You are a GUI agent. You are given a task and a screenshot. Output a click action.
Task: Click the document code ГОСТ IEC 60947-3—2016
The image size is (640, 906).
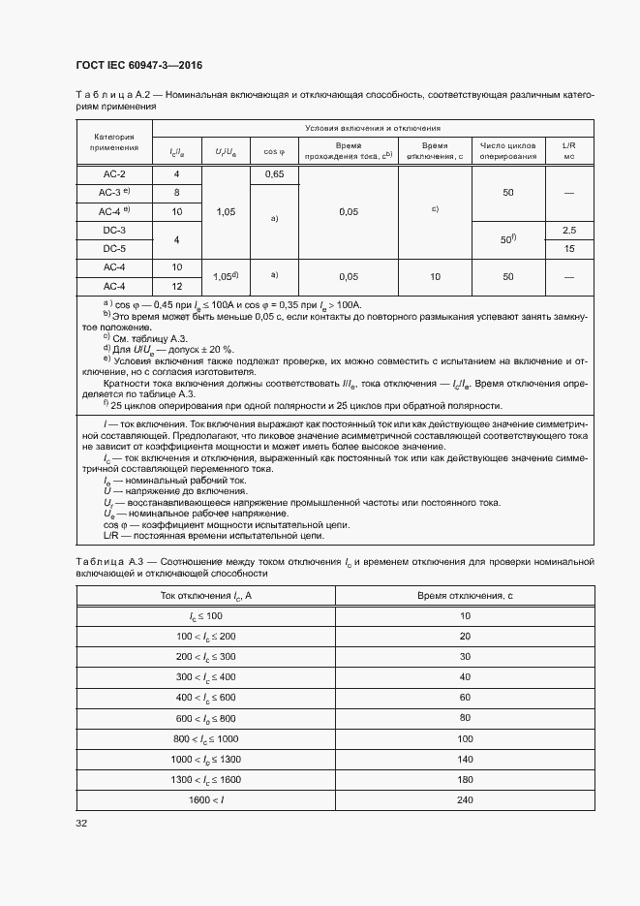point(138,66)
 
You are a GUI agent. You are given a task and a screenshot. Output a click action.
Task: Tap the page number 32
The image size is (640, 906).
point(81,823)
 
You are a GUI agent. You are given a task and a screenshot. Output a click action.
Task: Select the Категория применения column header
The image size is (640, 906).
point(114,141)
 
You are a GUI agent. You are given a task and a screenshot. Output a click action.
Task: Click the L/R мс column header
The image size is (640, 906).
point(569,149)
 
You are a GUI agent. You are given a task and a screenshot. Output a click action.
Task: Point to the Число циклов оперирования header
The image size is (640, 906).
point(508,149)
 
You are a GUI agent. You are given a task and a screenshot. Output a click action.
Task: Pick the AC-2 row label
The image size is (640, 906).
point(114,174)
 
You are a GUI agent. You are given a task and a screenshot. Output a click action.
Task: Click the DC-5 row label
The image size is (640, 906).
point(114,248)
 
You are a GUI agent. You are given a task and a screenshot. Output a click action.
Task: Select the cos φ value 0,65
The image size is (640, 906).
point(274,174)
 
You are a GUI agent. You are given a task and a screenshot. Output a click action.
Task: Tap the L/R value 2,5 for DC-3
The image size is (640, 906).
point(569,230)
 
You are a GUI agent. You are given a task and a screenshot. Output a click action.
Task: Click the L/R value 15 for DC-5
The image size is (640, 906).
point(569,248)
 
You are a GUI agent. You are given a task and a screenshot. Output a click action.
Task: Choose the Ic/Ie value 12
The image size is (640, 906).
point(177,285)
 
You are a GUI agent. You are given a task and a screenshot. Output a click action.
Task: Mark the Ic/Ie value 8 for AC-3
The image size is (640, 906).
point(177,193)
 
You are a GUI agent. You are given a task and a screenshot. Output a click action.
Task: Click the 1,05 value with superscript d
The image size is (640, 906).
point(226,276)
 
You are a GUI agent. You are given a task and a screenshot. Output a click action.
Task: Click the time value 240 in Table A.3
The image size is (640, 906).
point(465,799)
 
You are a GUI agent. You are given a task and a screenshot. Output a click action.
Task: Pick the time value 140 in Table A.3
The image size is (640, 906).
point(465,759)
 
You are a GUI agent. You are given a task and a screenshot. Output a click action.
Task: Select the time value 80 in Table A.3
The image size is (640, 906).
point(465,718)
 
